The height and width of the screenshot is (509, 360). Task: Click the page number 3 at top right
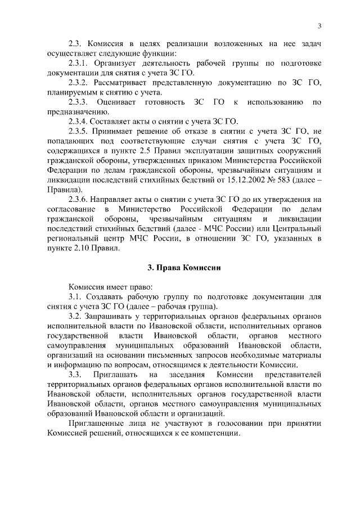(x=319, y=26)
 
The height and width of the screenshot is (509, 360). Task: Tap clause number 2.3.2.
(x=79, y=83)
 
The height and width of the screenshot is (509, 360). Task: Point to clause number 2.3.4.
(x=79, y=121)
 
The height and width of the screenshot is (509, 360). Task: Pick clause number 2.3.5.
(x=79, y=131)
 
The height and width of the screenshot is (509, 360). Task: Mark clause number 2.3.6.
(x=79, y=199)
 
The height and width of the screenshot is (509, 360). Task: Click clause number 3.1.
(x=76, y=296)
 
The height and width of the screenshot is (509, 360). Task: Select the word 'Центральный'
(x=297, y=228)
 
